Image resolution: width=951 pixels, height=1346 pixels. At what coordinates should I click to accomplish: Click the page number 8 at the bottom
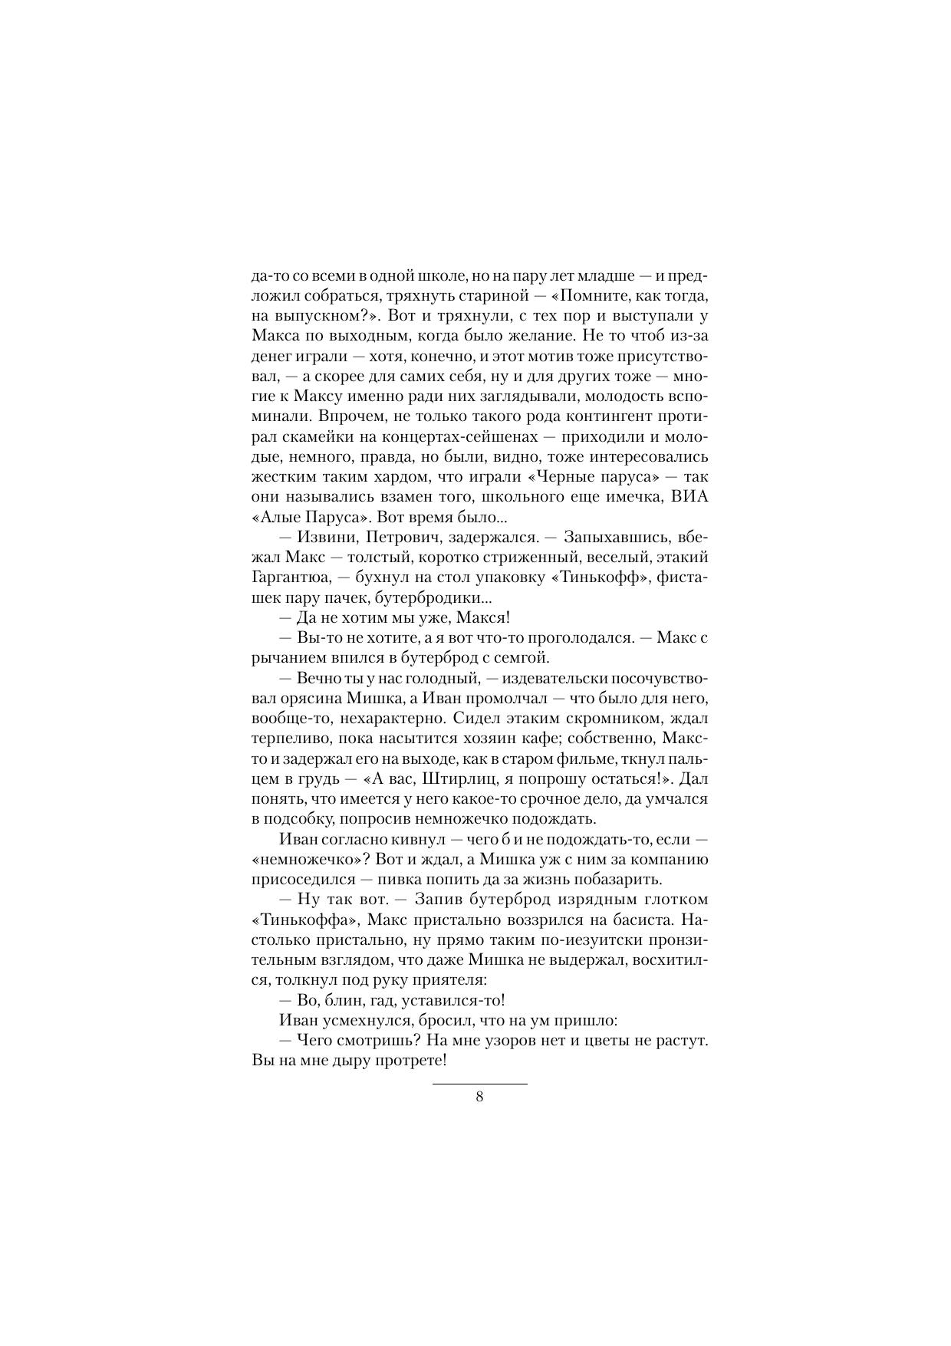[479, 1097]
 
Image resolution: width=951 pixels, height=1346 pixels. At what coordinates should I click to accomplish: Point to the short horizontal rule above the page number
[479, 1084]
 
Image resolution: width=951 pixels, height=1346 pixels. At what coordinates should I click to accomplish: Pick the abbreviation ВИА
[689, 496]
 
